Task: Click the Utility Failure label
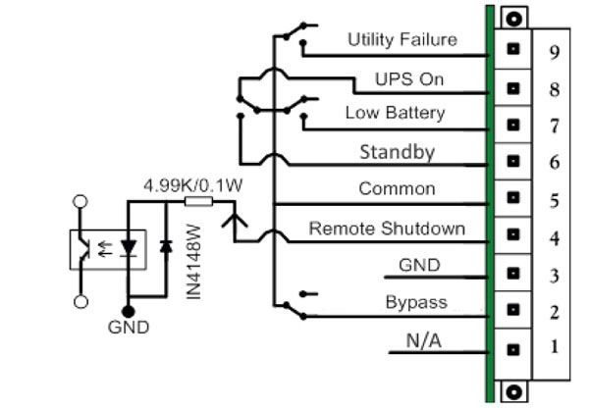click(402, 39)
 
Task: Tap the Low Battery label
click(394, 114)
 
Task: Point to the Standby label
click(397, 152)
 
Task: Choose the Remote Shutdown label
click(387, 229)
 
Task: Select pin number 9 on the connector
click(555, 52)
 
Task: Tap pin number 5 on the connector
click(555, 201)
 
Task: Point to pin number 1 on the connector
click(555, 346)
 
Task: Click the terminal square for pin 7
click(511, 125)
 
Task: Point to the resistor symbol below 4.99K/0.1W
click(198, 203)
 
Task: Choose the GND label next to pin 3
click(419, 266)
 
